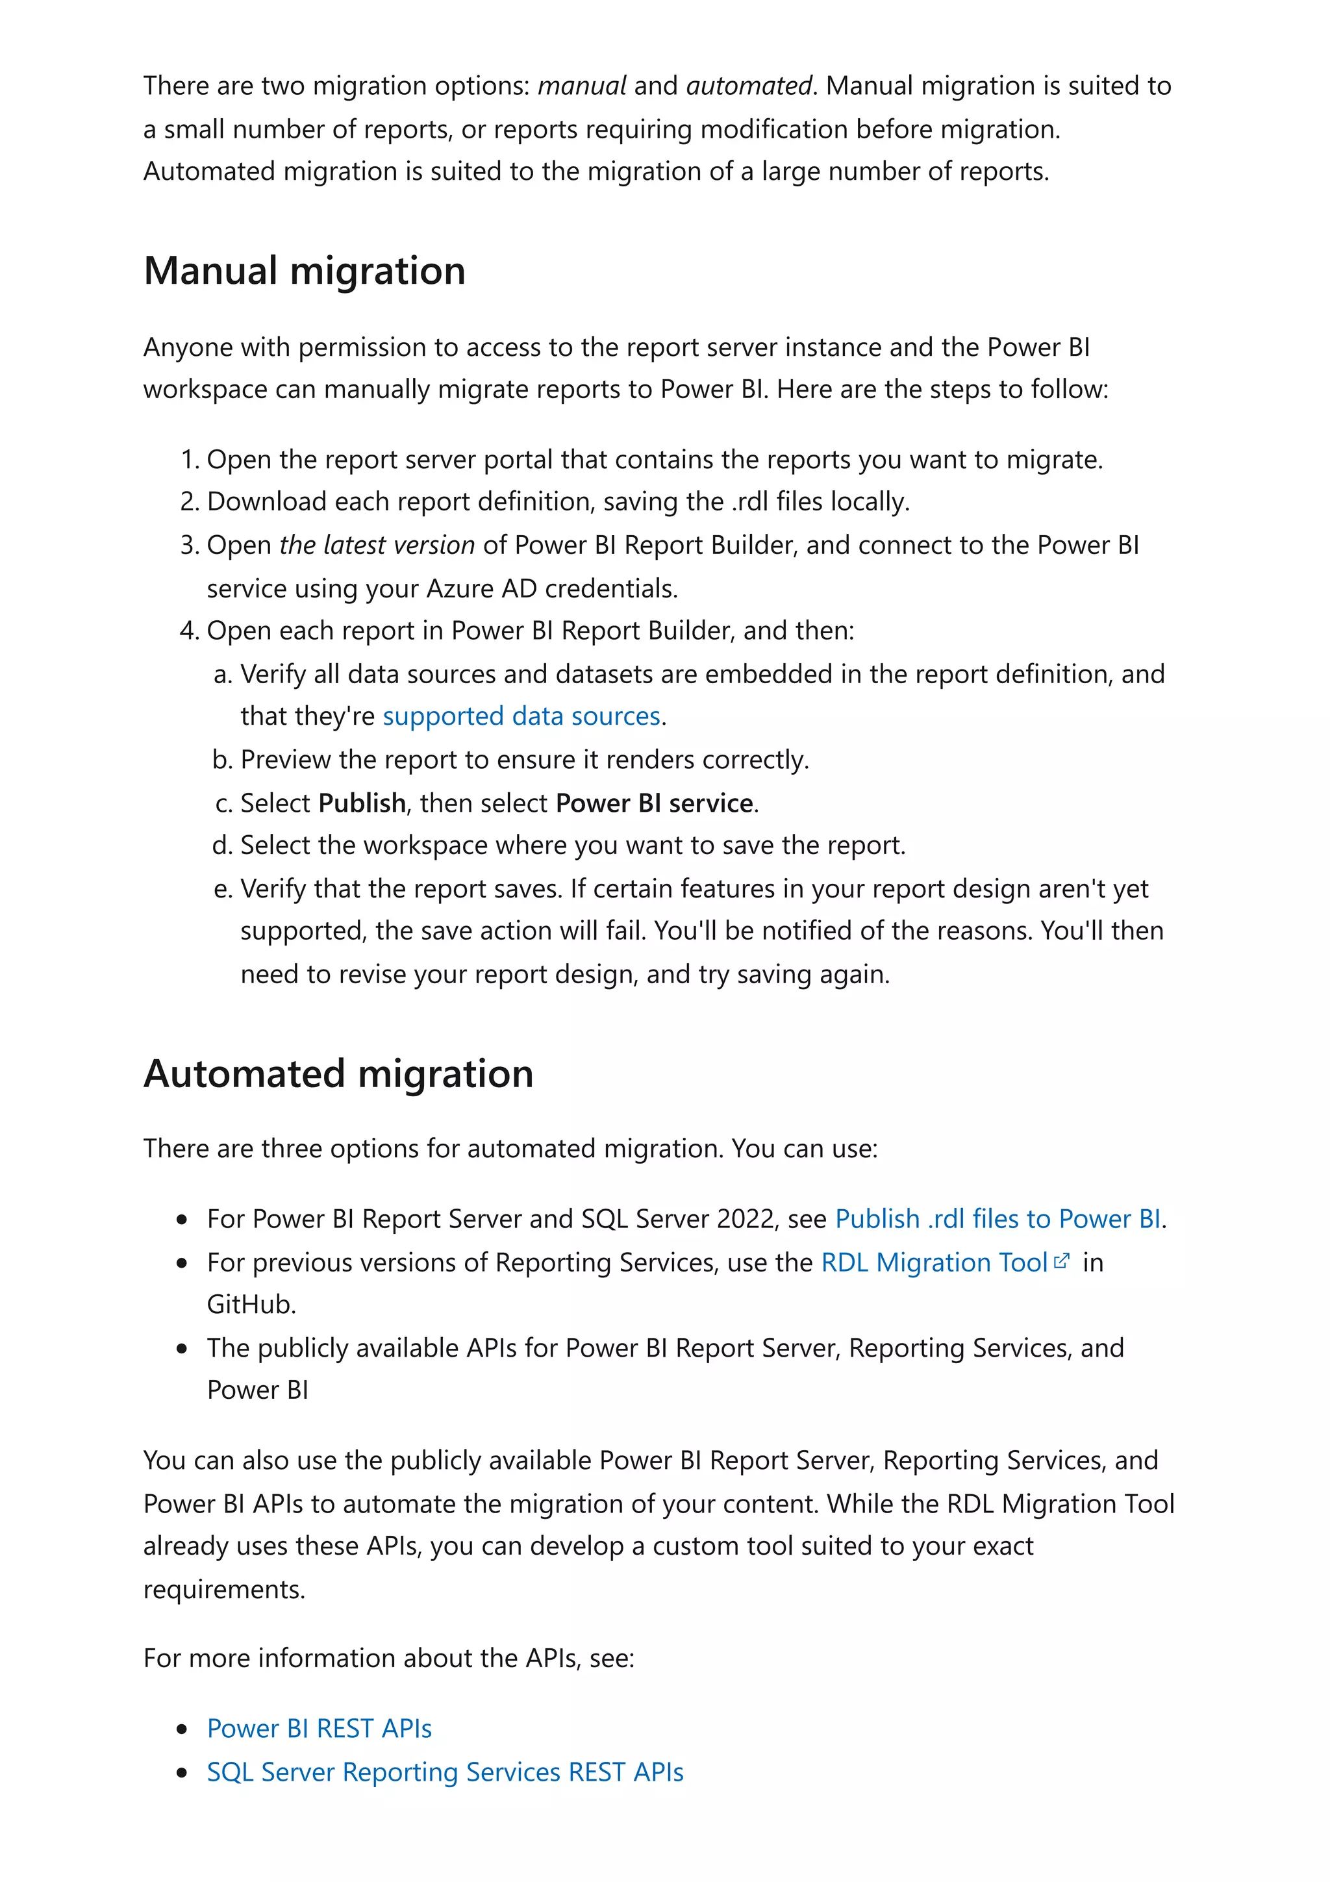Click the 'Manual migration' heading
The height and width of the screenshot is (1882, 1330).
304,271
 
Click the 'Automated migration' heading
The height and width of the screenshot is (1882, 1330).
338,1073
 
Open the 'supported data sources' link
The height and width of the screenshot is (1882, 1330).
521,716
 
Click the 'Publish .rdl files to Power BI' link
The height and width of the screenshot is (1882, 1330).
997,1219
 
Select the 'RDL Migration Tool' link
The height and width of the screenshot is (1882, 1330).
935,1262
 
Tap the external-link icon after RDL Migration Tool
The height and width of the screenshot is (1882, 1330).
1062,1262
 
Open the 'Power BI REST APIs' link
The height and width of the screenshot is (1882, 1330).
319,1729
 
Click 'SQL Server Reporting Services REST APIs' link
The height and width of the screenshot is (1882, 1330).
445,1772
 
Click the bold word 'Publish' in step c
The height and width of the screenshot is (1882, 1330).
362,803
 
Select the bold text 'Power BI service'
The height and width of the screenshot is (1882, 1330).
654,803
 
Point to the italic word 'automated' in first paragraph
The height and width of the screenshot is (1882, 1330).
748,86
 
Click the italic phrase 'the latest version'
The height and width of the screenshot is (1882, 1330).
377,545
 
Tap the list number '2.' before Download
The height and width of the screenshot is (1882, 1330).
189,501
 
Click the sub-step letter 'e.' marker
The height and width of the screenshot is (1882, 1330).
223,889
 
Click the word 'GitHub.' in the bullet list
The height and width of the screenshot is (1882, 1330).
251,1304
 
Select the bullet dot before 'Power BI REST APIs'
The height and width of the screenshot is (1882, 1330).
182,1729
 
